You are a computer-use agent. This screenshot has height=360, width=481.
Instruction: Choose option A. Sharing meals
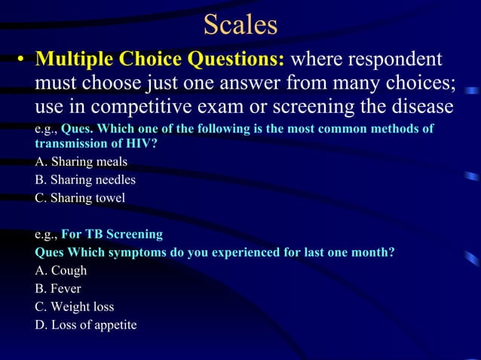point(81,161)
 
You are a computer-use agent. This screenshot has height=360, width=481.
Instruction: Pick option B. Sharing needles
point(85,180)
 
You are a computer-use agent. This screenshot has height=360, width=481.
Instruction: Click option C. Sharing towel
point(80,198)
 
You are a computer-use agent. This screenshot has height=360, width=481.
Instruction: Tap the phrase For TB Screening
point(112,234)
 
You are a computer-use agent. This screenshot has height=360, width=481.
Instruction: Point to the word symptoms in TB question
point(141,252)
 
